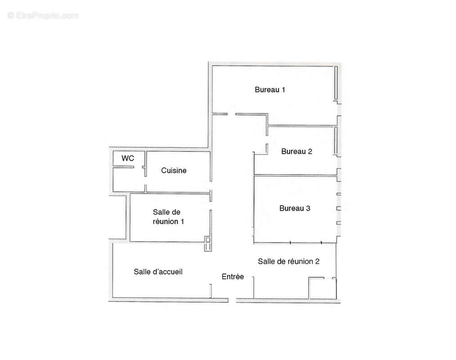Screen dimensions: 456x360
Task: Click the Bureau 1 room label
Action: click(x=270, y=90)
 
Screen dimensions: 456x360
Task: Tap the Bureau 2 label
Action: click(x=297, y=151)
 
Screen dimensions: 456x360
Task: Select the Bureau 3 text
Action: click(x=295, y=208)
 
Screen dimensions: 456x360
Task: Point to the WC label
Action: click(x=128, y=158)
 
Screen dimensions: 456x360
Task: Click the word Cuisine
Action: click(x=174, y=170)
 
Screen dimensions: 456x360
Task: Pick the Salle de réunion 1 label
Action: click(x=168, y=217)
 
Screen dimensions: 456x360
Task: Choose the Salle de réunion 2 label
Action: click(x=289, y=261)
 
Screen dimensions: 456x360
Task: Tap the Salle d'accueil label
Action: click(x=158, y=271)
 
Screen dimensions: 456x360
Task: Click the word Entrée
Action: click(x=232, y=276)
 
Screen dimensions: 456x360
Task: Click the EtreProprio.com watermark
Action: click(x=43, y=15)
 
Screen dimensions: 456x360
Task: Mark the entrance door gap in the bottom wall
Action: click(x=232, y=300)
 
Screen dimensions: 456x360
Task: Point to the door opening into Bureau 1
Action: click(x=231, y=114)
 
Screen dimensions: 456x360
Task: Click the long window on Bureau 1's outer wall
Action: click(x=336, y=83)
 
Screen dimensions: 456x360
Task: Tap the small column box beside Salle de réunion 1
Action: click(x=208, y=244)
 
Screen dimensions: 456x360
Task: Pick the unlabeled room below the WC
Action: click(x=129, y=179)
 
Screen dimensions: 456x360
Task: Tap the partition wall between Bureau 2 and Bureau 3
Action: click(x=295, y=175)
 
